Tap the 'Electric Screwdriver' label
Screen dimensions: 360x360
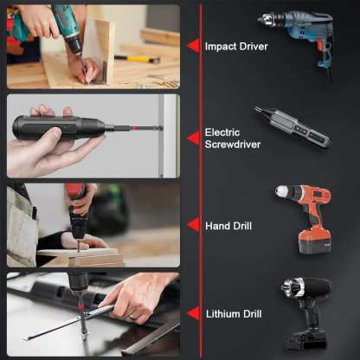coord(233,138)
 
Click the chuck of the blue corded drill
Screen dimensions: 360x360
coord(267,21)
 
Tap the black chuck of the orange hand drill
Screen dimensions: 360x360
coord(281,191)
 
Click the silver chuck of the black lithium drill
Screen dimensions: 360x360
coord(284,292)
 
